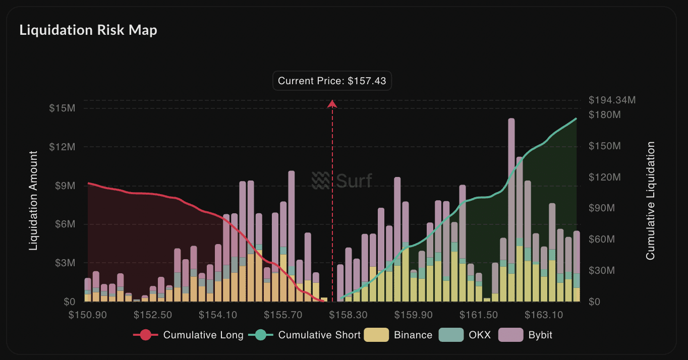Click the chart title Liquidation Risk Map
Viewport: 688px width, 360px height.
pos(88,30)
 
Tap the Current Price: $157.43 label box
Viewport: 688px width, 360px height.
pos(332,81)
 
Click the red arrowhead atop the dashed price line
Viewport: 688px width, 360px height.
pos(332,103)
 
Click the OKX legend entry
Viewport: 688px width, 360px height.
pos(465,335)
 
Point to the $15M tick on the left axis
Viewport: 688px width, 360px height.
pos(62,108)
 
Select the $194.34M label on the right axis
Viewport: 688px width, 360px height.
pos(612,100)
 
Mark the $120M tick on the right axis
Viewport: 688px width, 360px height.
pos(605,177)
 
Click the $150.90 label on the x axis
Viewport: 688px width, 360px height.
pos(87,315)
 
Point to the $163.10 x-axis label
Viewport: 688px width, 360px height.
pos(544,315)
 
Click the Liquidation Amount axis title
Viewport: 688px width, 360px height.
pos(33,201)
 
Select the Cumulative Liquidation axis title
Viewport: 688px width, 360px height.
pos(651,201)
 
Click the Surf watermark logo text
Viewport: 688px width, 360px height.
pos(342,180)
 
